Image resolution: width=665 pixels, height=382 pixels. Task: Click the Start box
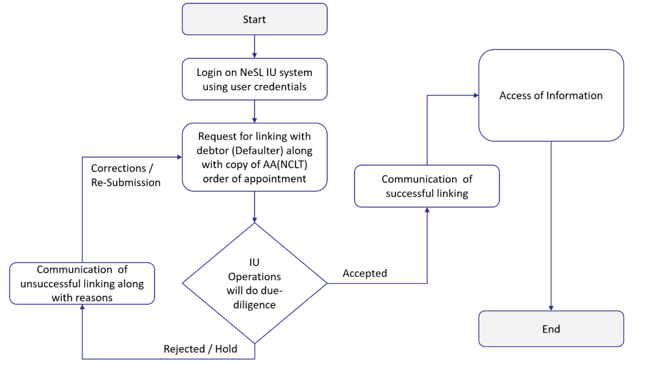point(255,19)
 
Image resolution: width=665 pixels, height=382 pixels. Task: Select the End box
point(551,329)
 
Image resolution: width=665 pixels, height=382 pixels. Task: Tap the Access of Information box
point(551,96)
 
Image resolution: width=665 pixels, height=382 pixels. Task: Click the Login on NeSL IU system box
point(255,79)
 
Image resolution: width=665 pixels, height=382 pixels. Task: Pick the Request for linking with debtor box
point(255,157)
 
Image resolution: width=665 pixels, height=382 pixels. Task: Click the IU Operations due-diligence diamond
point(255,283)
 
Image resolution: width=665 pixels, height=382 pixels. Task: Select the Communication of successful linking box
point(427,186)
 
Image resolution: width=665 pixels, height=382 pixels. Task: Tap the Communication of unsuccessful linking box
point(82,283)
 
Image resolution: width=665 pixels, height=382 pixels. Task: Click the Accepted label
point(365,274)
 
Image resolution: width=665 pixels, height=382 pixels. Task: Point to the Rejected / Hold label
point(200,349)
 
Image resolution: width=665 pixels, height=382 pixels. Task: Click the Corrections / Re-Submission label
point(125,175)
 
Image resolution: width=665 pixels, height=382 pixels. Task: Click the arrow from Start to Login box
point(255,46)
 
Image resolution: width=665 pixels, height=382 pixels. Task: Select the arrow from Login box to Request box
point(255,111)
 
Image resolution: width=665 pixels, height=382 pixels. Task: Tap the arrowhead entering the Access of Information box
point(475,96)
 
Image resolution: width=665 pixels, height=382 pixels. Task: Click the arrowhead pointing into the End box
point(551,307)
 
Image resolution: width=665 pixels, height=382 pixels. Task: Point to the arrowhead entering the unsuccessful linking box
point(82,308)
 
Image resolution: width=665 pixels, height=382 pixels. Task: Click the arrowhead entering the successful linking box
point(427,210)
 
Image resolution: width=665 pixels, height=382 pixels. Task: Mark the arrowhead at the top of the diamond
point(255,219)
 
